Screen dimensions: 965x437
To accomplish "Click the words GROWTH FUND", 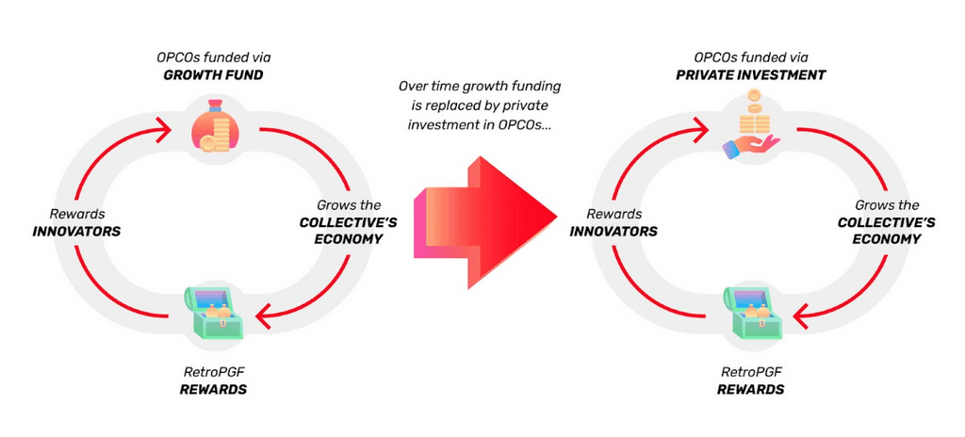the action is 215,75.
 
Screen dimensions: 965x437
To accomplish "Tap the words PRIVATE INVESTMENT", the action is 751,75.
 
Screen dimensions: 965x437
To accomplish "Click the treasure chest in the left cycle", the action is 214,315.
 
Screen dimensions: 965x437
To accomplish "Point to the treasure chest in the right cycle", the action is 752,315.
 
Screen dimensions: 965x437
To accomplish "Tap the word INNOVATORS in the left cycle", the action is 76,232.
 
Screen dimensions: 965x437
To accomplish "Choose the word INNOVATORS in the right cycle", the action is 613,232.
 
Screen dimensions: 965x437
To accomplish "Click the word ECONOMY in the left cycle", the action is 349,239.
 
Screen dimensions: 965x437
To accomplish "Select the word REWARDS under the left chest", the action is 214,390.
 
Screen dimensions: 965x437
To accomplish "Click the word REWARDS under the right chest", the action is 751,390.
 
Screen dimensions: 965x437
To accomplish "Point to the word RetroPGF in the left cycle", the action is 214,372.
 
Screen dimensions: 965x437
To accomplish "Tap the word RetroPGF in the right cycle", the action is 751,372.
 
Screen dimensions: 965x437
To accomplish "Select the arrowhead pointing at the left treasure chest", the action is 265,318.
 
